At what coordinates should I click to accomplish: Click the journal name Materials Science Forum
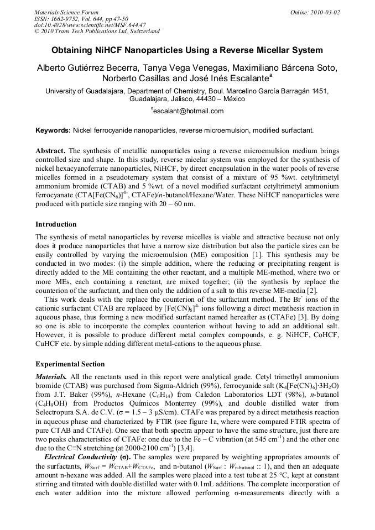click(x=66, y=12)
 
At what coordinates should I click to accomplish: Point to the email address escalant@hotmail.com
click(x=188, y=111)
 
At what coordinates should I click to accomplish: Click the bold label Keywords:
click(x=53, y=130)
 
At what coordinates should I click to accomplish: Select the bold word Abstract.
click(x=51, y=151)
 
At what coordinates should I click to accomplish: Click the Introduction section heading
click(x=56, y=224)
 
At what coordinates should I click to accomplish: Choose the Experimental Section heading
click(x=70, y=364)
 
